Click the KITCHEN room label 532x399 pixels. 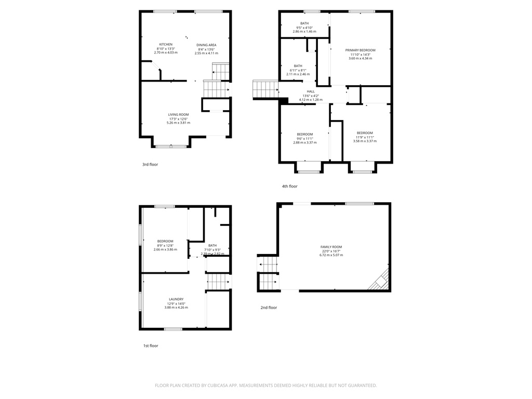coord(166,44)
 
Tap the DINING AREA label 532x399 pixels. coord(206,45)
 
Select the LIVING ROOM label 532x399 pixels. coord(178,114)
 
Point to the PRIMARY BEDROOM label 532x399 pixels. coord(360,50)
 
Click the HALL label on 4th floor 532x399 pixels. coord(311,91)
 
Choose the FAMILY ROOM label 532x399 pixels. coord(331,247)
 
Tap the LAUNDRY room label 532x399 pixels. coord(176,299)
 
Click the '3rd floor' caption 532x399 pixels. coord(150,164)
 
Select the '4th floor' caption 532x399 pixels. coord(290,186)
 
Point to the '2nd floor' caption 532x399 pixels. coord(269,308)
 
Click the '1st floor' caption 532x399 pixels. coord(151,345)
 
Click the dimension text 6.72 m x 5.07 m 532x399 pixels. coord(331,255)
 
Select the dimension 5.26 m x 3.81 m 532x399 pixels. coord(178,123)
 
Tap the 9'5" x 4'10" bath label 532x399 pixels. coord(304,23)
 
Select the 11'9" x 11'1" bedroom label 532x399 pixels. coord(365,133)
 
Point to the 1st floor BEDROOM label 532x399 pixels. coord(165,241)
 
